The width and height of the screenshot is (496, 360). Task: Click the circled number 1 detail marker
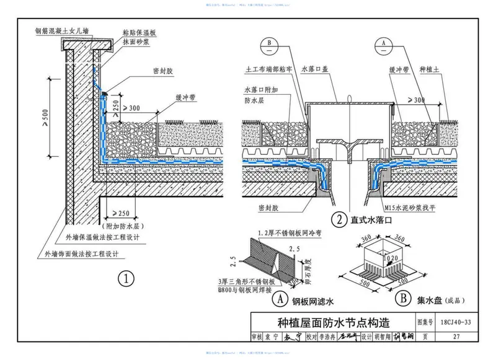tap(127, 279)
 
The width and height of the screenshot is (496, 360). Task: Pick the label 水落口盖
tap(317, 70)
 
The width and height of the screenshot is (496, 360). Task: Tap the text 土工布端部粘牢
tap(270, 70)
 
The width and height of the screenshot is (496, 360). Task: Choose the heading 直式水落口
tap(371, 219)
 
